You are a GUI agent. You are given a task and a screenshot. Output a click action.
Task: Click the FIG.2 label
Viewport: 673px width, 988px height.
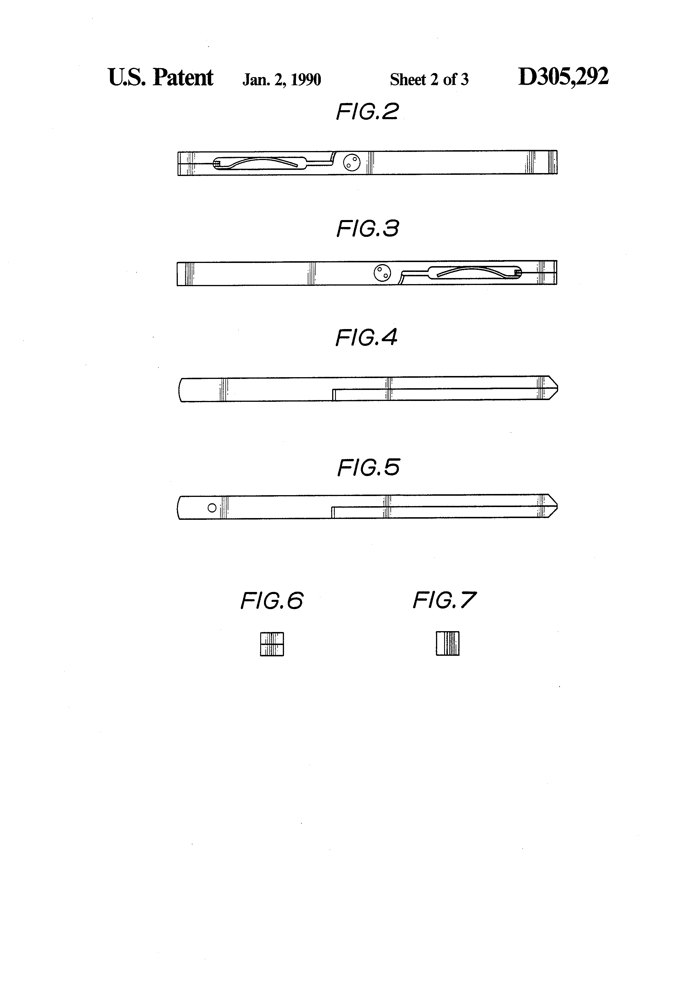click(367, 112)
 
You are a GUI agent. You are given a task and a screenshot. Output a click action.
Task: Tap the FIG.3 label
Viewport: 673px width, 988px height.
click(368, 229)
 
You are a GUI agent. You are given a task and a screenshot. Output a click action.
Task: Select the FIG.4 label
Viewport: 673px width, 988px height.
click(366, 337)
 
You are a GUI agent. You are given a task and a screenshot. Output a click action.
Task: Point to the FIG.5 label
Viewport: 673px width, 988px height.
click(368, 468)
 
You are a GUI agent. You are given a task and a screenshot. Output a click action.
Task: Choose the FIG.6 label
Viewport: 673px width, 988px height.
click(272, 601)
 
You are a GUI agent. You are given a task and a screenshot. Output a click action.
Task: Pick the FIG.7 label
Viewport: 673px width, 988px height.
click(444, 600)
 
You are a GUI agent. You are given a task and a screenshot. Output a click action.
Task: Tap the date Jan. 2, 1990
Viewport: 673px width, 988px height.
click(282, 79)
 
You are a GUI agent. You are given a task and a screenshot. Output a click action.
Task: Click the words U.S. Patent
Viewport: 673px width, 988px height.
click(161, 77)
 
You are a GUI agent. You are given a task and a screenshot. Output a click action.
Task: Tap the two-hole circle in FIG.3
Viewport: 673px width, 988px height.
click(382, 273)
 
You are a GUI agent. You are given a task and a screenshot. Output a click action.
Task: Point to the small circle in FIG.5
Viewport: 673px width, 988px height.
click(212, 508)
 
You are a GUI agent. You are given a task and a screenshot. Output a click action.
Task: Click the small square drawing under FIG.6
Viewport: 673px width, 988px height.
click(272, 644)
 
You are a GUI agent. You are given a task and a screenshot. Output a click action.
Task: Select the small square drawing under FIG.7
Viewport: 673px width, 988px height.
click(448, 644)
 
